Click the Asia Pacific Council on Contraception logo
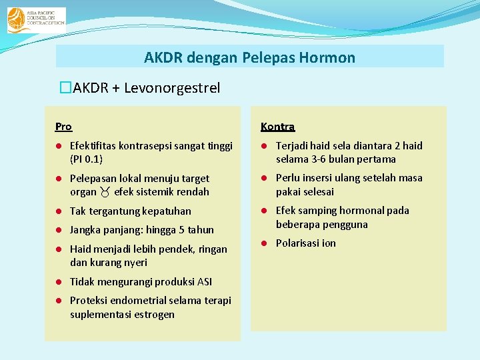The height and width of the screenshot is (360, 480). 36,20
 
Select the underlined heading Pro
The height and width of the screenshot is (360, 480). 63,126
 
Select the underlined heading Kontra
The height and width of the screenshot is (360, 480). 277,126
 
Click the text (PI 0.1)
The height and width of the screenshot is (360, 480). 87,159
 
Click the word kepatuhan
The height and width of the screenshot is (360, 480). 167,211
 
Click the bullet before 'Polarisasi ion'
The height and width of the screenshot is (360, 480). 264,243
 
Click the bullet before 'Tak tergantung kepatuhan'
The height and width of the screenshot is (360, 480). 59,211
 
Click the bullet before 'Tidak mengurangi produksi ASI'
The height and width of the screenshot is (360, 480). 59,281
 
